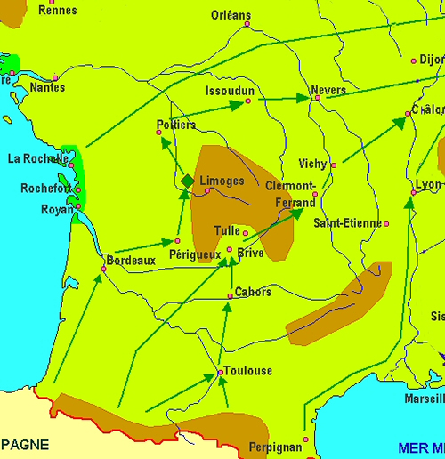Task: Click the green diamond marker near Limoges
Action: [x=187, y=181]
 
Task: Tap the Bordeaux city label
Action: [x=131, y=261]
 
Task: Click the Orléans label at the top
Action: [x=231, y=15]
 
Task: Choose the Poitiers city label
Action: [x=175, y=125]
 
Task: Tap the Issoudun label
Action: [x=230, y=91]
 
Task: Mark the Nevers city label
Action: [x=328, y=91]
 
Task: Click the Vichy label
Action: [x=312, y=164]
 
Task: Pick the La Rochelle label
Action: [x=37, y=159]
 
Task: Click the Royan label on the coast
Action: [x=57, y=210]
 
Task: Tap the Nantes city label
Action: [x=47, y=87]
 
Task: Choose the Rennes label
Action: [x=59, y=10]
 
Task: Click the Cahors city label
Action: [x=253, y=292]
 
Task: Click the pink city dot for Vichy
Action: [x=334, y=165]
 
